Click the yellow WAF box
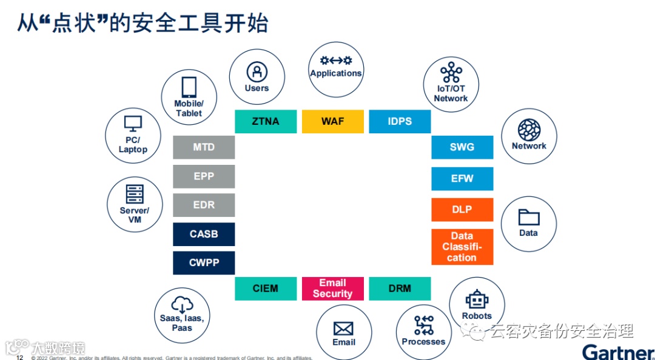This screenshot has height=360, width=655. click(332, 121)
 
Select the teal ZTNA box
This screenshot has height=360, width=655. click(266, 121)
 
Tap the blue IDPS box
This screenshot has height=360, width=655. click(400, 121)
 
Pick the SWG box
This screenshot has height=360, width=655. click(462, 147)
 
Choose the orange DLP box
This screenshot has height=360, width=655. click(462, 210)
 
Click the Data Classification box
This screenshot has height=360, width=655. click(462, 247)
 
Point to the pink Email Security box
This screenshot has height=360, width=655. click(332, 288)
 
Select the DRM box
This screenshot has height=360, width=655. click(400, 288)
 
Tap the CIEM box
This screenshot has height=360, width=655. click(266, 288)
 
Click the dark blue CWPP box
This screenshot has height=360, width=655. click(204, 263)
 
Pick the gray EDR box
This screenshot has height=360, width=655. click(204, 205)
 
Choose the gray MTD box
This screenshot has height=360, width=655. click(204, 147)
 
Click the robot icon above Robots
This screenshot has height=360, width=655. click(477, 299)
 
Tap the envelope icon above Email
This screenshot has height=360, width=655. click(343, 328)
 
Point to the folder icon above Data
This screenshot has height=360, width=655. click(529, 218)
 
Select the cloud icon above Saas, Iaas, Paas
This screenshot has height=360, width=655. click(182, 304)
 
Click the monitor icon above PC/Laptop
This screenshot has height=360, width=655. click(133, 124)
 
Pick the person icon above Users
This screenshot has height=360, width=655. click(257, 72)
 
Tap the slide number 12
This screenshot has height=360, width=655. click(19, 358)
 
